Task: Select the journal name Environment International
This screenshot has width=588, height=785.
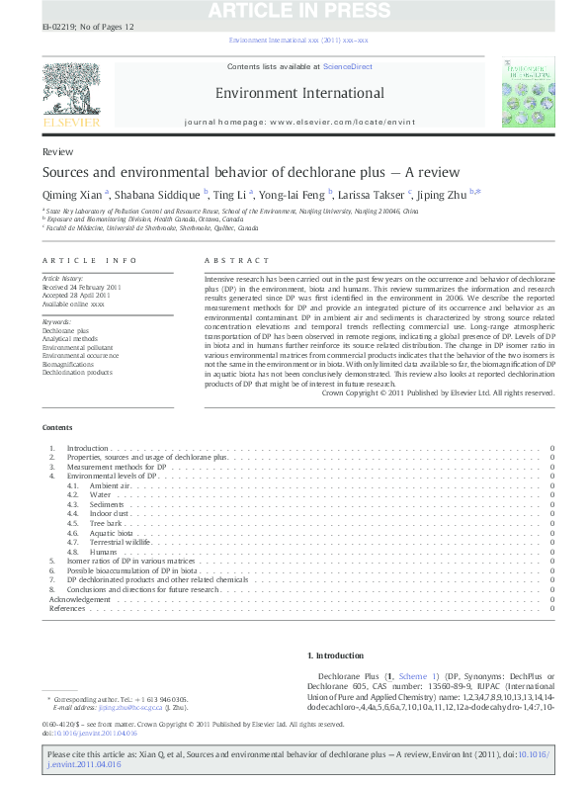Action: pos(300,92)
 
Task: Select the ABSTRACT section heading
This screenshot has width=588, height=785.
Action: pos(223,259)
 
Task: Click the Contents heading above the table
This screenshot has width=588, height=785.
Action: pos(56,427)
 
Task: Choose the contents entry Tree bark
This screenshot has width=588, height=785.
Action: pos(104,522)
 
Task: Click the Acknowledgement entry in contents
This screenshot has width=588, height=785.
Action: pos(80,599)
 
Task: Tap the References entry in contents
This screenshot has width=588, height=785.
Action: pos(67,608)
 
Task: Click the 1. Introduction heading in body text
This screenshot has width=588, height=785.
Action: pos(337,654)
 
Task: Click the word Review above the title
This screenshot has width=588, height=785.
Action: pos(55,152)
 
